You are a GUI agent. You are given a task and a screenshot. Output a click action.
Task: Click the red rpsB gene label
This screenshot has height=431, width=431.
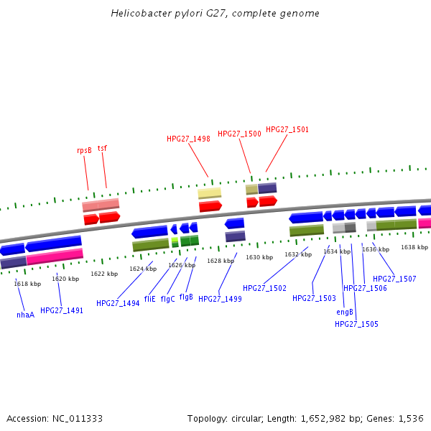tap(84, 151)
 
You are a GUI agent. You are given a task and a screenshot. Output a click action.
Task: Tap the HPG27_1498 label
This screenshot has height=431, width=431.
tap(188, 139)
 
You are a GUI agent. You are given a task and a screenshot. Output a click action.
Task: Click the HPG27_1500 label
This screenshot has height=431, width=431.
tap(239, 134)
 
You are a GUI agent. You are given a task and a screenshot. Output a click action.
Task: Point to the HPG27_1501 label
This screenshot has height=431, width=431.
tap(287, 130)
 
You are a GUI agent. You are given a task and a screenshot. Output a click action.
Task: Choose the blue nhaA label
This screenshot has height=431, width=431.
tap(25, 315)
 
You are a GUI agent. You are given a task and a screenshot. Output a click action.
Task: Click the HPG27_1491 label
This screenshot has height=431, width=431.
tap(62, 311)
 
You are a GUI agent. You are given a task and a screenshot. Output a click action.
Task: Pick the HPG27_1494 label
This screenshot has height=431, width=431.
tap(118, 304)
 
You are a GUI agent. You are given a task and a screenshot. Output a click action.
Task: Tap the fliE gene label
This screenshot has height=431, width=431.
tap(149, 299)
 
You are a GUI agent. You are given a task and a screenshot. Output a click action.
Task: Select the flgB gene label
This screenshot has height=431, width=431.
tap(186, 297)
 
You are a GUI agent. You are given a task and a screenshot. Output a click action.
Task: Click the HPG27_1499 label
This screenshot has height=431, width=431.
tap(220, 299)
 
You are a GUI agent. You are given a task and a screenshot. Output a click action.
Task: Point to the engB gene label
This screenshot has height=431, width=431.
tap(345, 312)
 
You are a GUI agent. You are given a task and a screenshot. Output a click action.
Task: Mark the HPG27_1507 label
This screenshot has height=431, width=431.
tap(394, 279)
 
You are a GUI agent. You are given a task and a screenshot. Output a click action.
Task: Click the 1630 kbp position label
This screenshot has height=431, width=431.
tap(259, 257)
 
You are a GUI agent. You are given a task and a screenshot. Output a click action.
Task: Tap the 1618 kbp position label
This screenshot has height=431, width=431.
tap(27, 284)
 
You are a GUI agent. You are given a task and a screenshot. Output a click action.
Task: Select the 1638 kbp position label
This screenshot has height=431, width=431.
tap(414, 247)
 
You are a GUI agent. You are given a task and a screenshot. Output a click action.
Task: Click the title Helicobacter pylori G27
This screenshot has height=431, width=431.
tap(215, 14)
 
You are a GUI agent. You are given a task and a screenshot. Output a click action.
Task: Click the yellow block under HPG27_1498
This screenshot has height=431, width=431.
tap(210, 193)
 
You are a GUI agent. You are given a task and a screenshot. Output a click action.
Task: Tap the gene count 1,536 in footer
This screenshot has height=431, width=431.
tap(410, 418)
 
